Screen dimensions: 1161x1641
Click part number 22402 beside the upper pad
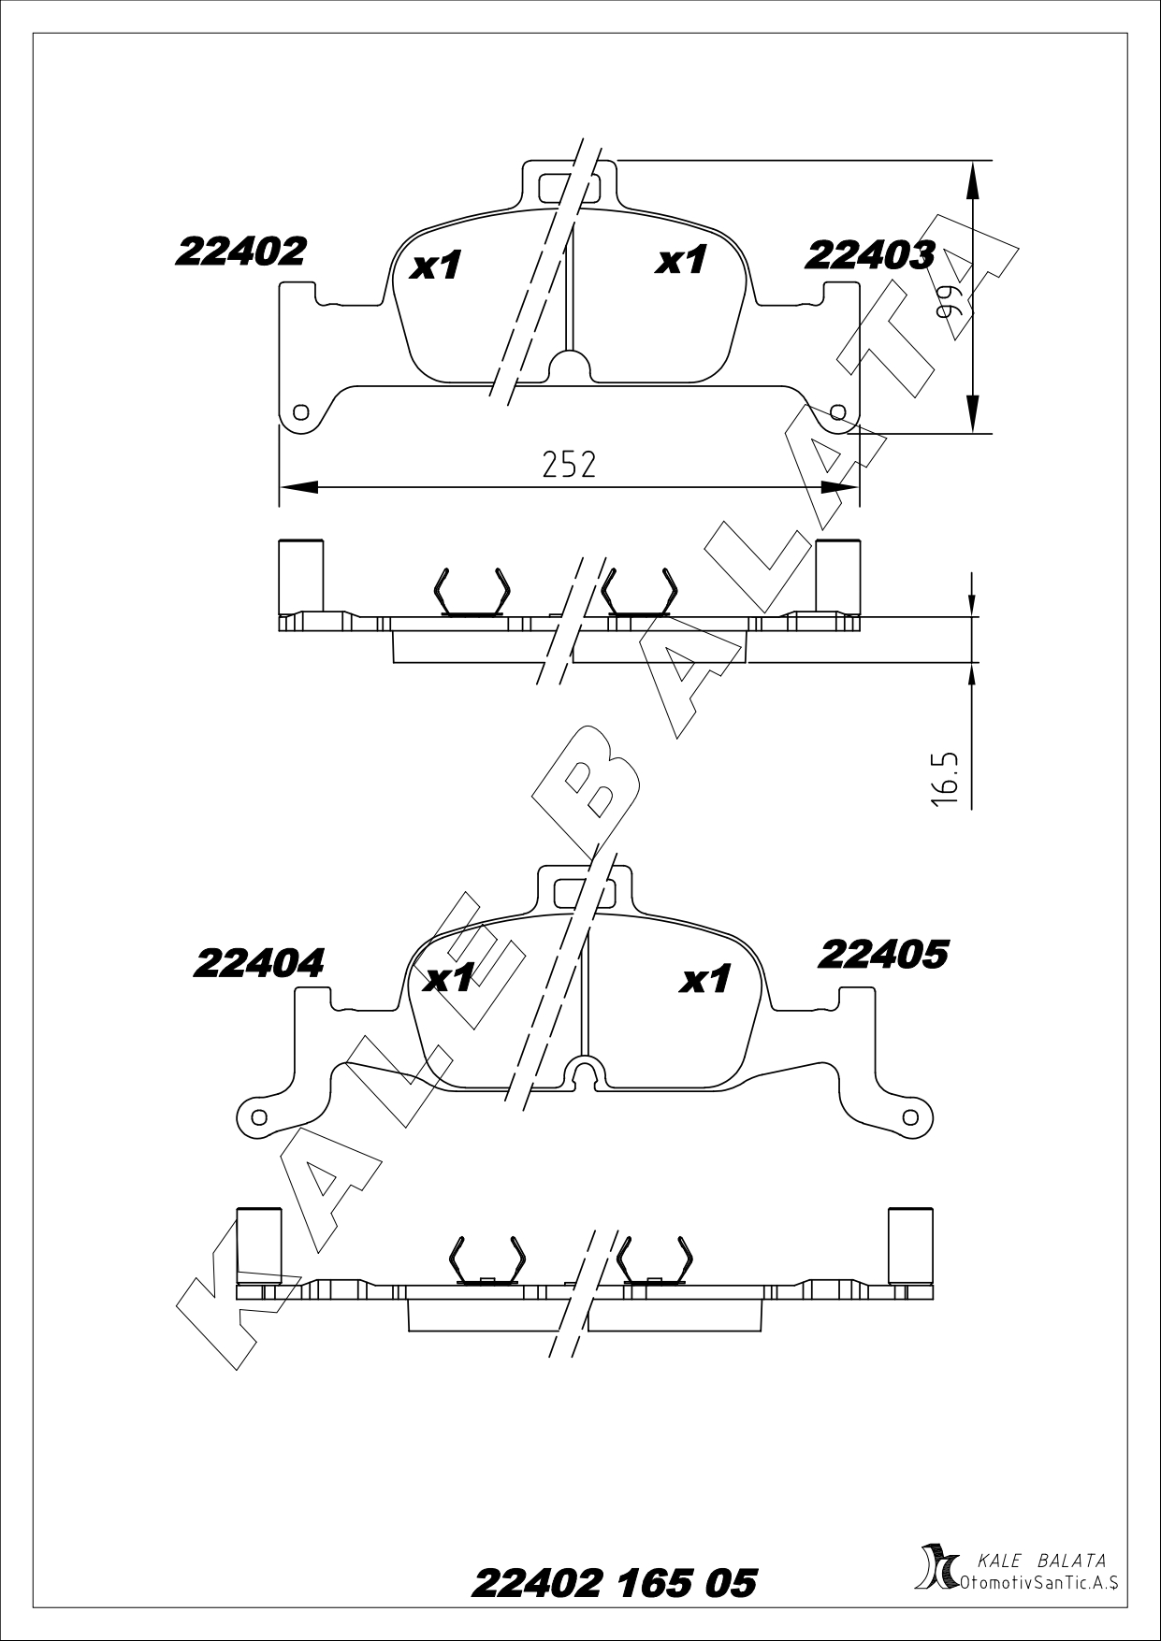tap(240, 251)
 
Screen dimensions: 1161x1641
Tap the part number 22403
tap(870, 254)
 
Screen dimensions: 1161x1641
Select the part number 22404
tap(259, 963)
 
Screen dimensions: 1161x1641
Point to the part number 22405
tap(883, 955)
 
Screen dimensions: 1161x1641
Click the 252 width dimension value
tap(569, 464)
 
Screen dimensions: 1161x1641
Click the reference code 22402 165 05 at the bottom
tap(615, 1583)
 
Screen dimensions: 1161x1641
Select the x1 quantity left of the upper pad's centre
tap(437, 266)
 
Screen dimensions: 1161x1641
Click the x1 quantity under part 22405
tap(705, 980)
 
